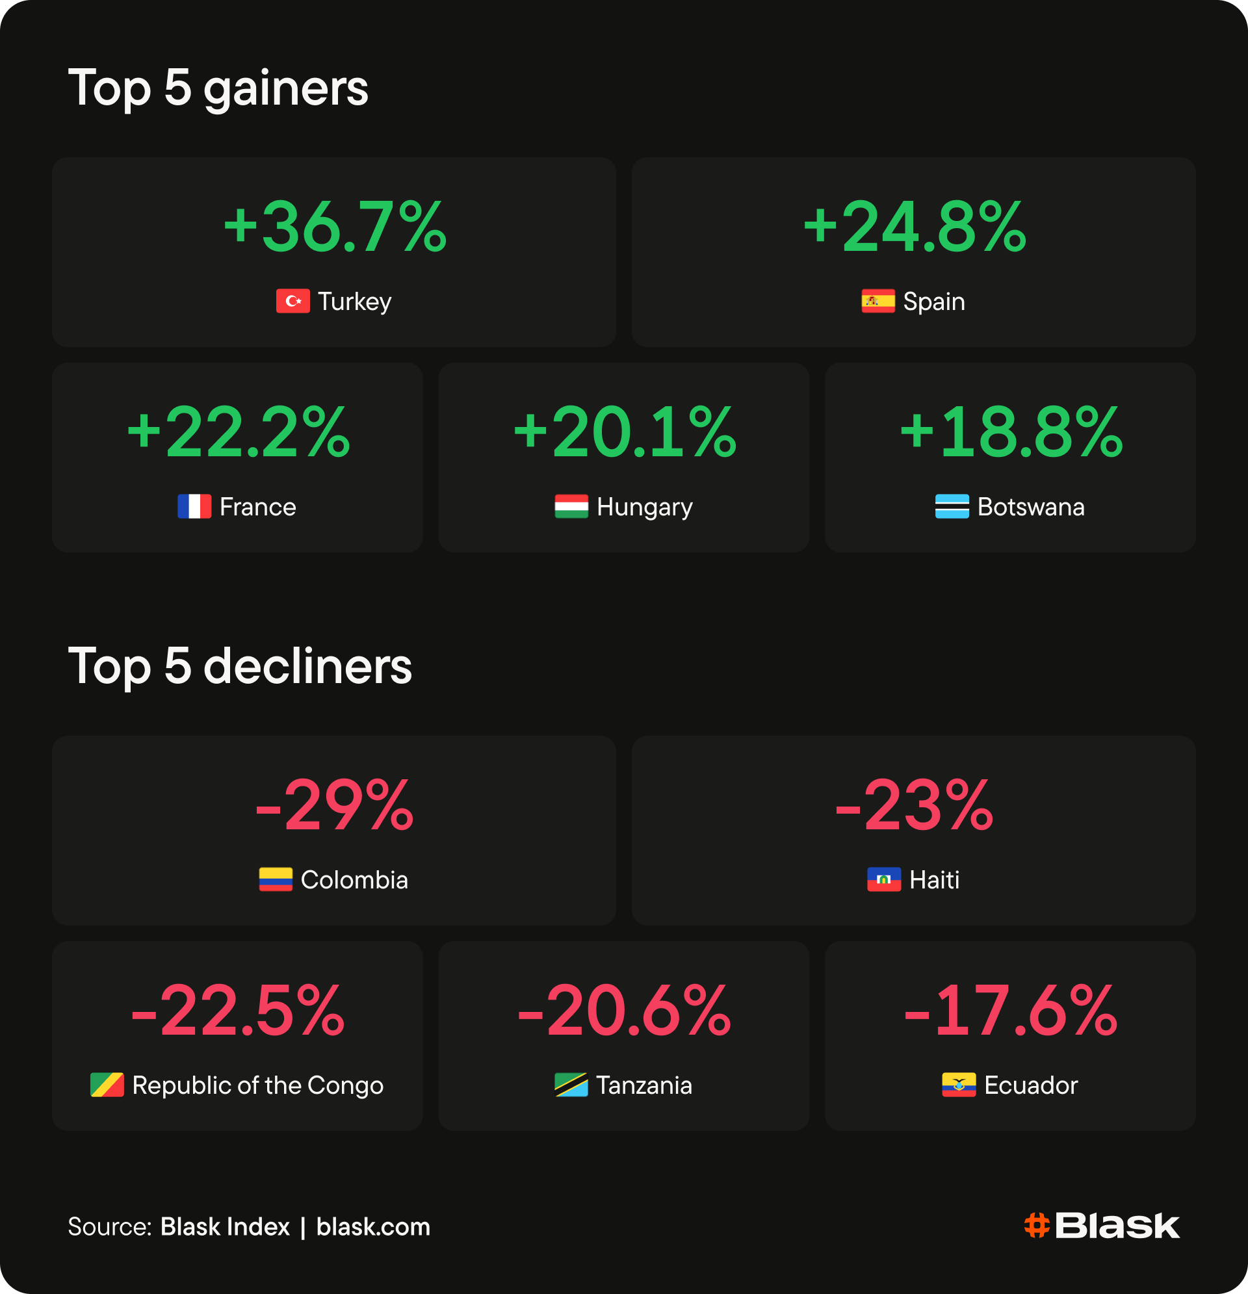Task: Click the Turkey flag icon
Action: [x=292, y=301]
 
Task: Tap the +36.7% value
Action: [x=335, y=226]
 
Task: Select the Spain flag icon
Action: [x=878, y=301]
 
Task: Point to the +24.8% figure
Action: [x=915, y=226]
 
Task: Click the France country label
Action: [x=257, y=507]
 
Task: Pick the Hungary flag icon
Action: [x=571, y=506]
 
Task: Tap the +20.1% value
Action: [x=625, y=432]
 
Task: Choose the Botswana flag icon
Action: [x=952, y=506]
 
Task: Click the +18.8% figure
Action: [x=1011, y=432]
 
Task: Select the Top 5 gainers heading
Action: [x=218, y=88]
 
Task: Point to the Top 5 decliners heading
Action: [x=240, y=666]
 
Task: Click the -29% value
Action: [x=335, y=805]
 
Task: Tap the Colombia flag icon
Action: [x=276, y=879]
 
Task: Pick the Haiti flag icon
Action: [x=884, y=879]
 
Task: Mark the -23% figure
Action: [x=915, y=805]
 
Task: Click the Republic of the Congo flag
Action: [x=107, y=1085]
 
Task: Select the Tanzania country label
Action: [x=644, y=1085]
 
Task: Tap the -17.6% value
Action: [x=1011, y=1010]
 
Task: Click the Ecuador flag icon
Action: [x=959, y=1085]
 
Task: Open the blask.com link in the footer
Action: [x=373, y=1226]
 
